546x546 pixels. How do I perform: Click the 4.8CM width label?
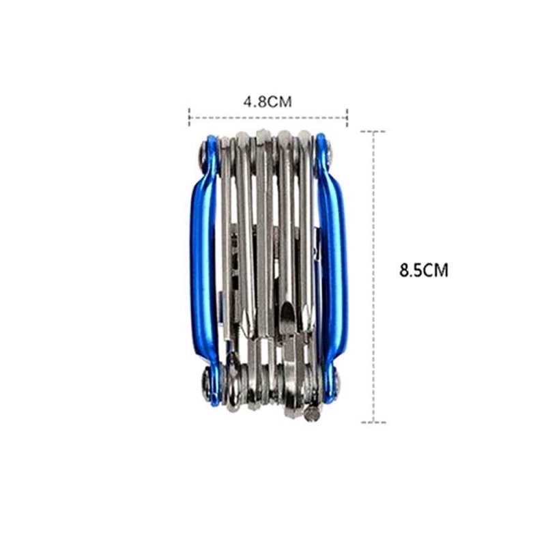pyautogui.click(x=268, y=102)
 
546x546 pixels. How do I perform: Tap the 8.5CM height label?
pyautogui.click(x=423, y=270)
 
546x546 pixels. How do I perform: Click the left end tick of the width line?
pyautogui.click(x=190, y=117)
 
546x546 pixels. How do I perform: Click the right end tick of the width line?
pyautogui.click(x=347, y=117)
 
